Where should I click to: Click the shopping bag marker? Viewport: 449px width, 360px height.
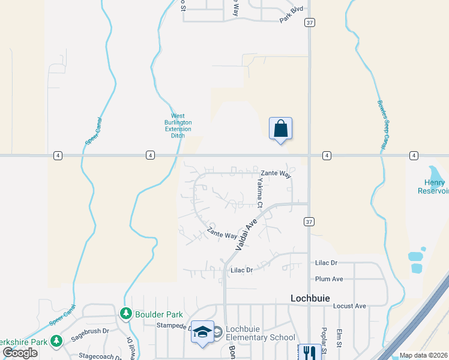(x=280, y=128)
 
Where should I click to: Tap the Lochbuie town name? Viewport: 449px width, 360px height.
(x=311, y=298)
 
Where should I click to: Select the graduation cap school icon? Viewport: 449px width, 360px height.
(x=203, y=332)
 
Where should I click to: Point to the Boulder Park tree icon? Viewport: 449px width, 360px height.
(x=125, y=313)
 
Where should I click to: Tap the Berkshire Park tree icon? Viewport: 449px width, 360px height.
(x=56, y=341)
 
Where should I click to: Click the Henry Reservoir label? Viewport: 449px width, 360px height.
(x=433, y=187)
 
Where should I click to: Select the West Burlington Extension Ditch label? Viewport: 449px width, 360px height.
(x=178, y=126)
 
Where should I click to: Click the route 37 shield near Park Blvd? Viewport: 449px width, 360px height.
(x=309, y=22)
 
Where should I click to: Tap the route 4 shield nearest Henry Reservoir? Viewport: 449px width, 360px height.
(x=414, y=155)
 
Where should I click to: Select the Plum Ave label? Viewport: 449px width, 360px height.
(x=329, y=279)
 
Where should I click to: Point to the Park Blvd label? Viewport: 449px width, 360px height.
(x=292, y=15)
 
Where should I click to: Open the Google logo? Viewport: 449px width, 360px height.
(x=20, y=353)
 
